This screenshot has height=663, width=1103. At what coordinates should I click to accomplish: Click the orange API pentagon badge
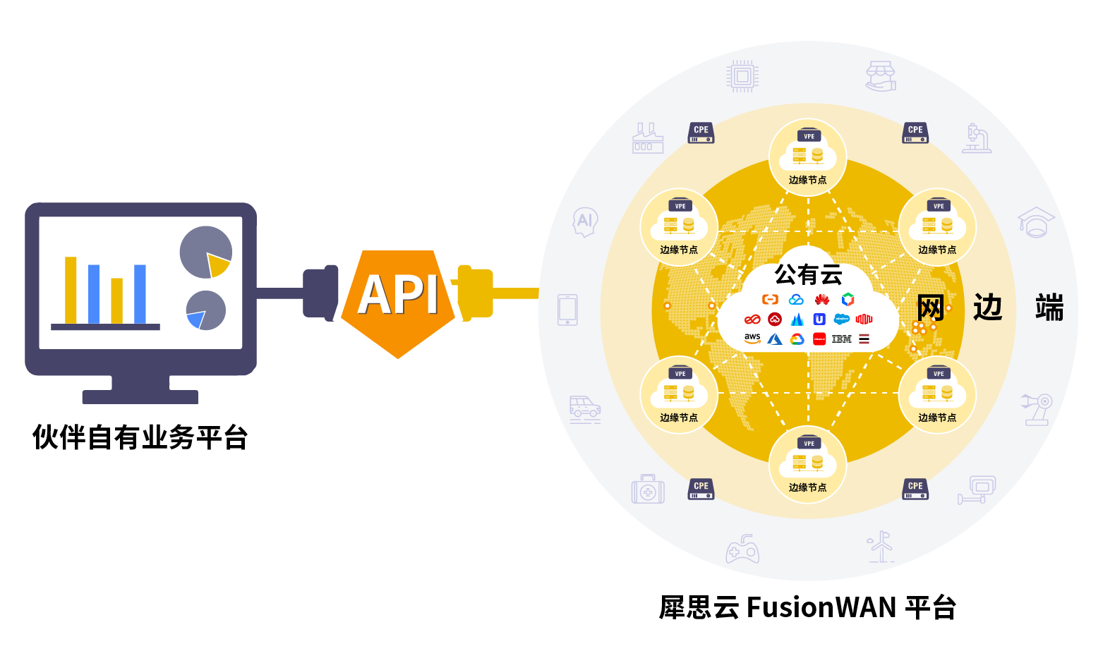pos(397,300)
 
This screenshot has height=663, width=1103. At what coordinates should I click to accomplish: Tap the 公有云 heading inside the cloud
pos(808,274)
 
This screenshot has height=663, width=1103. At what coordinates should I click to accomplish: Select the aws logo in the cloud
pos(752,339)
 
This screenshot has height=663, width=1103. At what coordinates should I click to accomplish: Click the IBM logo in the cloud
pos(841,339)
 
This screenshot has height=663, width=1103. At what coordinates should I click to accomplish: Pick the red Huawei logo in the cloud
pos(821,300)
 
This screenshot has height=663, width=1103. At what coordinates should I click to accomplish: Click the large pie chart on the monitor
pos(205,253)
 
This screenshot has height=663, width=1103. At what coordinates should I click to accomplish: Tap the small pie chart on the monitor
pos(205,310)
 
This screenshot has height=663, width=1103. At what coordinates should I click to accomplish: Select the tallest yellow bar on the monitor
pos(71,290)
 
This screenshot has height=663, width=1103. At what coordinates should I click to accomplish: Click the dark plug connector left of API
pos(321,293)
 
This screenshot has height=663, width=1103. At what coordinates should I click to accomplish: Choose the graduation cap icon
pos(1035,223)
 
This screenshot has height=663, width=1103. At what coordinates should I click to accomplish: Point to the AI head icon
pos(585,222)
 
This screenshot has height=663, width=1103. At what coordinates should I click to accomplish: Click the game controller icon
pos(742,549)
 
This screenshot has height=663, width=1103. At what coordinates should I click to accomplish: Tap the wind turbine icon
pos(880,547)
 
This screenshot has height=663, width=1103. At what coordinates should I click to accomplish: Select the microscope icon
pos(977,138)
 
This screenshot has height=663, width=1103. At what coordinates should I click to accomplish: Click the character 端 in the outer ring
pos(1049,308)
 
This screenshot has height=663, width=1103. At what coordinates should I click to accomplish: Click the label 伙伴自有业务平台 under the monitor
pos(140,437)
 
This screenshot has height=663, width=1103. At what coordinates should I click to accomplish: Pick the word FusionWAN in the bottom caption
pos(821,607)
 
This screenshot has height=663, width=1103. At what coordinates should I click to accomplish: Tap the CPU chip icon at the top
pos(742,76)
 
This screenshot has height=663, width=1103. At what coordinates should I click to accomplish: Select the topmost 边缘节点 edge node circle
pos(807,157)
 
